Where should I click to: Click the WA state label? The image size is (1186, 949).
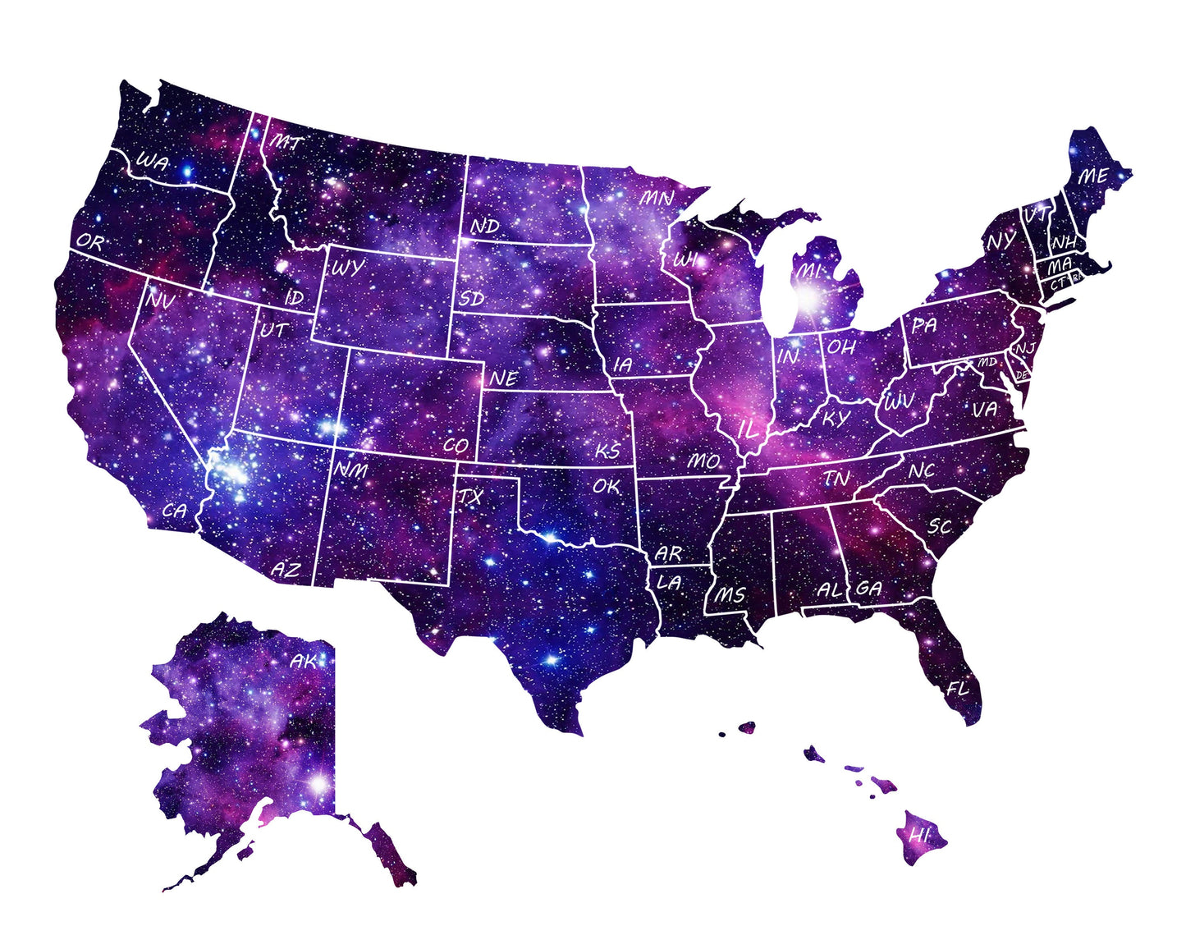pyautogui.click(x=153, y=163)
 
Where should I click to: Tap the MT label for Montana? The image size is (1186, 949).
pyautogui.click(x=286, y=143)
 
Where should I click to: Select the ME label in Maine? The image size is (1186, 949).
pyautogui.click(x=1092, y=177)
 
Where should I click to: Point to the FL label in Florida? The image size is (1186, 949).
pyautogui.click(x=957, y=689)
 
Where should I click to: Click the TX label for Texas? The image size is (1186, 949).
pyautogui.click(x=470, y=497)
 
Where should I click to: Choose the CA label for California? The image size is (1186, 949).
pyautogui.click(x=175, y=511)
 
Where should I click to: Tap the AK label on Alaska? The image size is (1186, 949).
pyautogui.click(x=304, y=660)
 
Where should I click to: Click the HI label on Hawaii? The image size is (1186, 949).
pyautogui.click(x=919, y=836)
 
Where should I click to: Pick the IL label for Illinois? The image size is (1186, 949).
pyautogui.click(x=748, y=429)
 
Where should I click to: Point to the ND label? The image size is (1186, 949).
pyautogui.click(x=484, y=226)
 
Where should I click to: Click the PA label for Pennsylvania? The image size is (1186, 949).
pyautogui.click(x=924, y=325)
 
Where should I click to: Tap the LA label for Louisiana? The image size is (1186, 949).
pyautogui.click(x=669, y=583)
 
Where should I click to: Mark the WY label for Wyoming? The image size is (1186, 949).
pyautogui.click(x=347, y=268)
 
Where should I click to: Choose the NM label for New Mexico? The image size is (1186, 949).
pyautogui.click(x=351, y=470)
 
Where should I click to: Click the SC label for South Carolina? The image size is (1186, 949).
pyautogui.click(x=940, y=526)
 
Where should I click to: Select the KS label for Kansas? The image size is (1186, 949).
pyautogui.click(x=607, y=452)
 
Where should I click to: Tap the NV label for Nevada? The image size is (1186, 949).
pyautogui.click(x=161, y=300)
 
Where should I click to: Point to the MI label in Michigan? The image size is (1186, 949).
pyautogui.click(x=809, y=270)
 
